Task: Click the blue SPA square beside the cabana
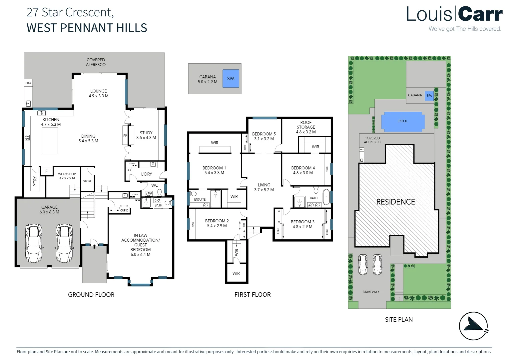[231, 79]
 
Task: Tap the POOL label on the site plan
[403, 121]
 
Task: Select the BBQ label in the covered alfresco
[28, 83]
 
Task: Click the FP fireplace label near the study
[125, 136]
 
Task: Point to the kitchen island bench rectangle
[50, 141]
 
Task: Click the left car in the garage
[34, 243]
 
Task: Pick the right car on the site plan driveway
[377, 264]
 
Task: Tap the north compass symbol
[473, 326]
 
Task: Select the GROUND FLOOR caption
[91, 295]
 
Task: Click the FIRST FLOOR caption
[253, 295]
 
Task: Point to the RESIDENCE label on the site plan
[395, 202]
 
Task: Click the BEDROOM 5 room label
[264, 136]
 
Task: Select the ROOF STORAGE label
[306, 127]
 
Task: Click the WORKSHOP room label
[67, 176]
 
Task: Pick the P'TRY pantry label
[35, 181]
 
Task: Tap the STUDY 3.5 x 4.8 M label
[146, 135]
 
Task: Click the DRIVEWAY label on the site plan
[371, 292]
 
